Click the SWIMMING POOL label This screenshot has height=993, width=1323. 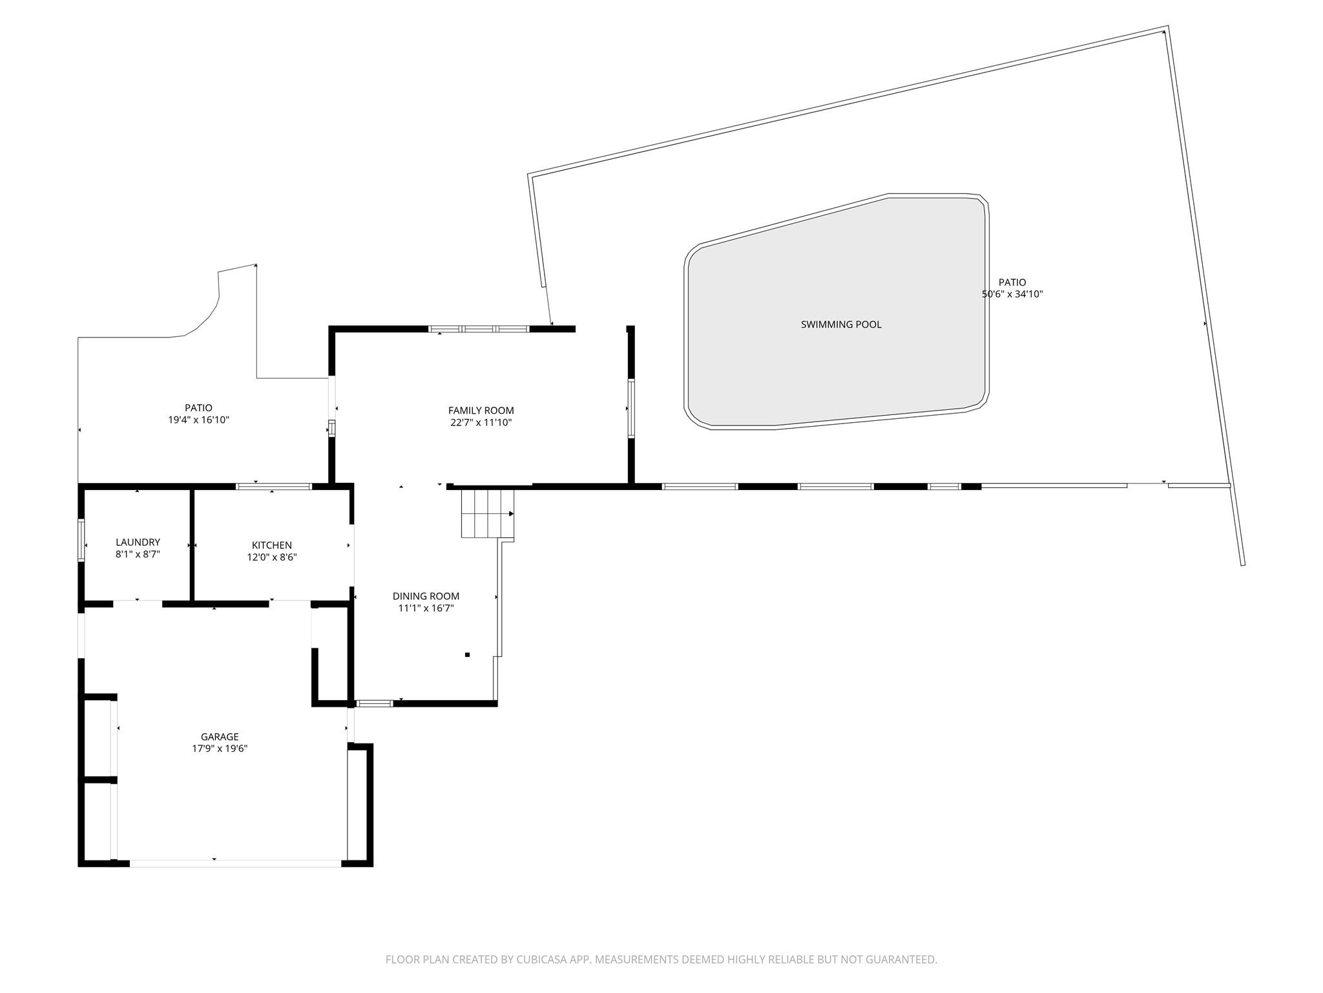pos(841,325)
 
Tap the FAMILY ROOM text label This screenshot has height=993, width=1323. pos(481,411)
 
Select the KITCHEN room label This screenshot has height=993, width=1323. pos(272,546)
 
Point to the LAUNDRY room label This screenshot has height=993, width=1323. pos(138,542)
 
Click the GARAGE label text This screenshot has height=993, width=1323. pos(220,737)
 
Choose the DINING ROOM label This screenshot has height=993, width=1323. pos(426,596)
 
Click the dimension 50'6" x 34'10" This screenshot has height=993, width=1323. pos(1012,294)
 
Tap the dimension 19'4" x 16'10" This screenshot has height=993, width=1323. pos(199,420)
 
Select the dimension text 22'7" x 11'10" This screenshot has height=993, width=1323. pos(481,423)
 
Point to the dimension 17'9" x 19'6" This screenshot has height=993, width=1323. pos(220,749)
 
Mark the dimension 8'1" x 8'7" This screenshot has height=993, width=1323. pos(138,554)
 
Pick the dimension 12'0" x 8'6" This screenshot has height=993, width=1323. pos(272,557)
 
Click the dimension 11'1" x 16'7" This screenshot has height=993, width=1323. pos(426,608)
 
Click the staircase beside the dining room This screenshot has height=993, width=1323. pos(487,513)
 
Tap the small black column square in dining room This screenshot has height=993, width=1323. pos(467,655)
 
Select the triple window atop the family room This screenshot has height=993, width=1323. pos(479,329)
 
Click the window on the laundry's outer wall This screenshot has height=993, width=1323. pos(81,540)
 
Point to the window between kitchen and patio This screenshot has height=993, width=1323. pos(274,486)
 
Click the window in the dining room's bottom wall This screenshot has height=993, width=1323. pos(375,703)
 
